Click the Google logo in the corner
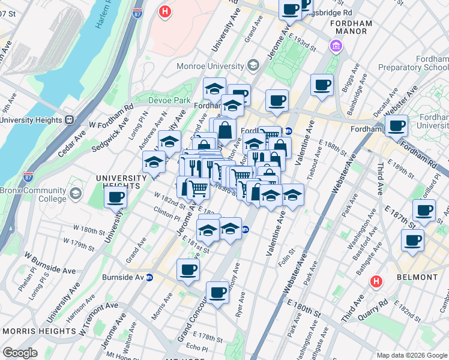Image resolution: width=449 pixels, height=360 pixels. [x=20, y=353]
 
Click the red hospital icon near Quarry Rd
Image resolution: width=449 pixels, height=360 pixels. [x=376, y=280]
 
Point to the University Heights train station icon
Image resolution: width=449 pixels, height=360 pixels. [x=70, y=119]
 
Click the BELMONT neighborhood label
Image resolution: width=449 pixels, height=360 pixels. [x=417, y=277]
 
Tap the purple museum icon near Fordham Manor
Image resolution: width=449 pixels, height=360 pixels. [x=336, y=46]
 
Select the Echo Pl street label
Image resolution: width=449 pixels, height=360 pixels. [x=196, y=346]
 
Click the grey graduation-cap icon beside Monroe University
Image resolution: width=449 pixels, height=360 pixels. [x=253, y=65]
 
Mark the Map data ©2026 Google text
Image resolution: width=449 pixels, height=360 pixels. [x=411, y=355]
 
